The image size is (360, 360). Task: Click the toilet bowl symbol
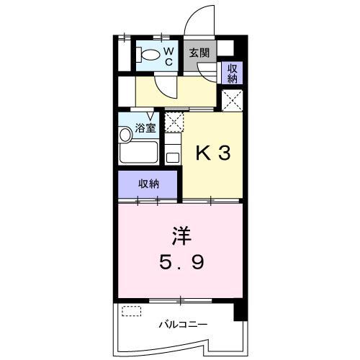tap(150, 54)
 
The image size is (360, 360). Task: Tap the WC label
tap(168, 55)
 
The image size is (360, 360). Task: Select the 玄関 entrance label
tap(199, 53)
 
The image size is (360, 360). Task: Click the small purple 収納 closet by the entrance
tap(232, 73)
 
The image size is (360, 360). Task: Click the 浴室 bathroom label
tap(145, 129)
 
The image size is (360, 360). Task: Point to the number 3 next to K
tap(225, 154)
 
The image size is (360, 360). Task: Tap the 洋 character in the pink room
tap(181, 235)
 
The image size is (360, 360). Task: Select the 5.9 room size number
tap(181, 261)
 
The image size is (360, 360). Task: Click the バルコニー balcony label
tap(183, 324)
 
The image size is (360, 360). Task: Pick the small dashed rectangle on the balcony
tap(132, 312)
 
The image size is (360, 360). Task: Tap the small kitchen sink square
tap(173, 156)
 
